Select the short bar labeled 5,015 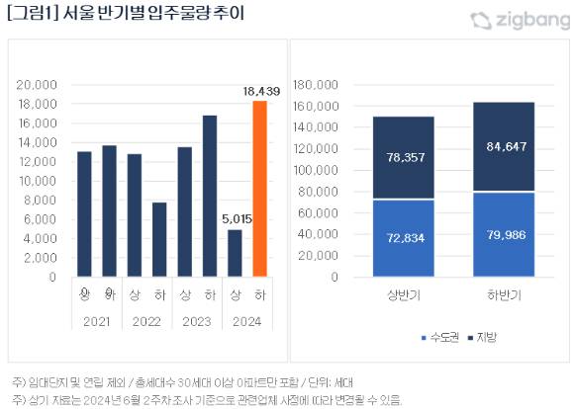(235, 254)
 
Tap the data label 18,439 (259, 91)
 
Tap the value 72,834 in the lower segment (404, 239)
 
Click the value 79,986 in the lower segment (505, 235)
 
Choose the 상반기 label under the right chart (404, 295)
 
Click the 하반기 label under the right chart (505, 295)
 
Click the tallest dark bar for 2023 (210, 197)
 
